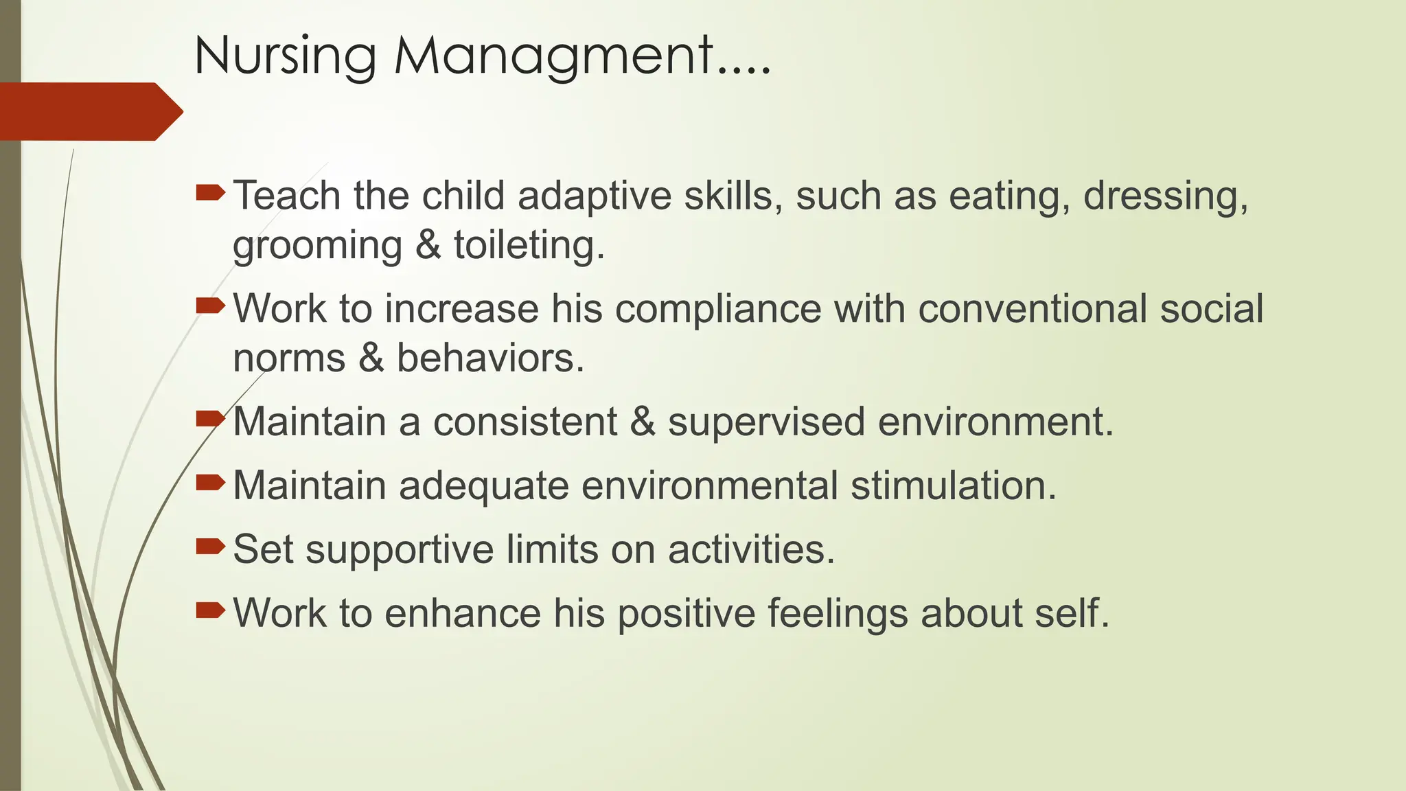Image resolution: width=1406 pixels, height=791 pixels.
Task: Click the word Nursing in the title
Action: [x=285, y=56]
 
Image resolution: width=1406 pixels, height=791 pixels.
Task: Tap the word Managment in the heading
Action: [x=553, y=56]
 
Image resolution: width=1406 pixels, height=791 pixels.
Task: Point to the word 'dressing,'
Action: [x=1166, y=196]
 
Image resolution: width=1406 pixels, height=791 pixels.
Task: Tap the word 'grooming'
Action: [x=317, y=246]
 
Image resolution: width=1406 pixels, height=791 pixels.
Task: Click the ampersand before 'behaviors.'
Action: [x=371, y=358]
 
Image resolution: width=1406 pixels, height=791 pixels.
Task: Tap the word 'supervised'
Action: [x=766, y=421]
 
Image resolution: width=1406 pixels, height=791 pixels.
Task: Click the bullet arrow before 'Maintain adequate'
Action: [x=209, y=483]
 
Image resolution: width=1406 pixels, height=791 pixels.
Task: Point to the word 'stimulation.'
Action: [x=954, y=485]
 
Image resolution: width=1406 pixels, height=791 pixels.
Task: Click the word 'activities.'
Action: [x=751, y=549]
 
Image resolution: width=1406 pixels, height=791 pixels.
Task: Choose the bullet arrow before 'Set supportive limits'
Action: [x=209, y=547]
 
